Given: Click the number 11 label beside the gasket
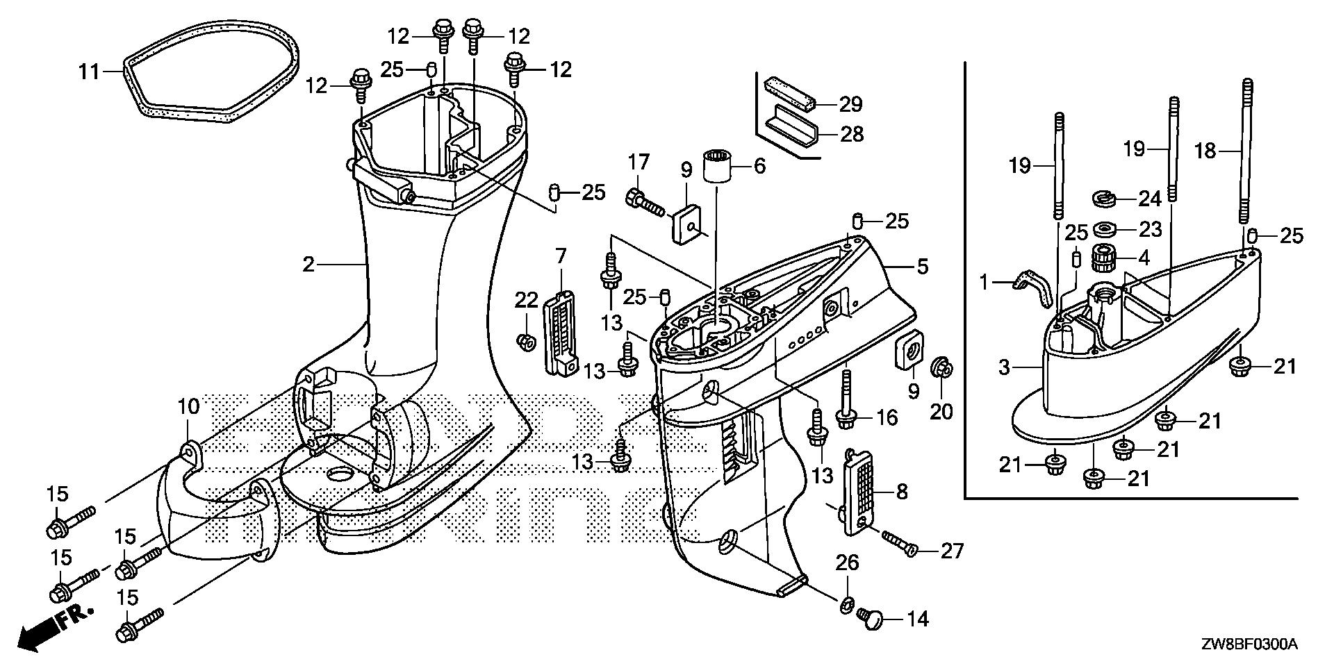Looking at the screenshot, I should coord(89,71).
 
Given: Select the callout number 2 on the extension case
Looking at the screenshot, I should coord(308,264).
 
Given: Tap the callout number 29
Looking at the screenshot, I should coord(850,104).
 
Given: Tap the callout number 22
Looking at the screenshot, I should coord(526,300).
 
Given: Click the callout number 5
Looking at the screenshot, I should coord(922,266).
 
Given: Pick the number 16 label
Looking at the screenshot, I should coord(887,417).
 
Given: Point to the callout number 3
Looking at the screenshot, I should coord(1005,367).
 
